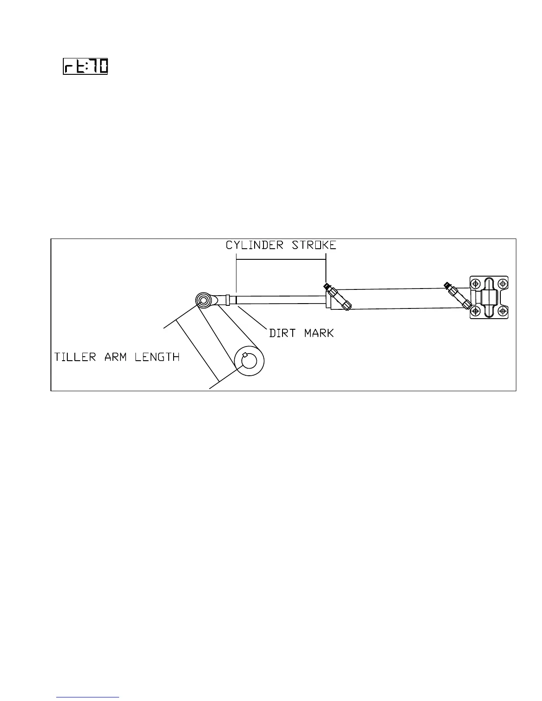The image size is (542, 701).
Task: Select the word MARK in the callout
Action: pos(319,333)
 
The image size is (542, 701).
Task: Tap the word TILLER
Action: pos(75,357)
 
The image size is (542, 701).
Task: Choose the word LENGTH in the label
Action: pos(157,357)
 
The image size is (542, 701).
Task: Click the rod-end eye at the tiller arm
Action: pos(203,300)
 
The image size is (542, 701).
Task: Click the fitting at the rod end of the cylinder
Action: pos(337,296)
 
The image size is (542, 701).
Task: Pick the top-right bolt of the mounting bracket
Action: pos(503,283)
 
